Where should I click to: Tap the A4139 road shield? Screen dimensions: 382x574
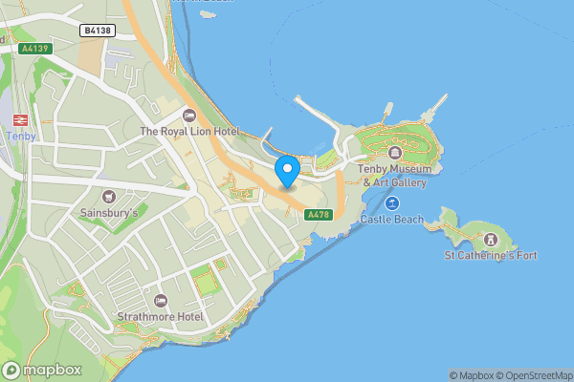33,47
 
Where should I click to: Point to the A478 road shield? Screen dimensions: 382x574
318,215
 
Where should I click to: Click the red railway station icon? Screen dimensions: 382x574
19,119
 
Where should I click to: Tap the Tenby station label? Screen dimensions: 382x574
20,136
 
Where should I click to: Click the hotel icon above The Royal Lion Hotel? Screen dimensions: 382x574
188,115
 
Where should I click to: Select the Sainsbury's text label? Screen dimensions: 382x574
109,213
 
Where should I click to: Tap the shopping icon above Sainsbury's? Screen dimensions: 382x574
109,197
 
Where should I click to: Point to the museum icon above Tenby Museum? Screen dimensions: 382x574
393,153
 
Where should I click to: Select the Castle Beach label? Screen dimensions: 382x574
391,220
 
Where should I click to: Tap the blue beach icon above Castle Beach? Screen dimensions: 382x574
392,202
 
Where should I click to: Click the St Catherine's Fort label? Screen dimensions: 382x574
492,255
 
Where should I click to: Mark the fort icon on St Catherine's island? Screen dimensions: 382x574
492,239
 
